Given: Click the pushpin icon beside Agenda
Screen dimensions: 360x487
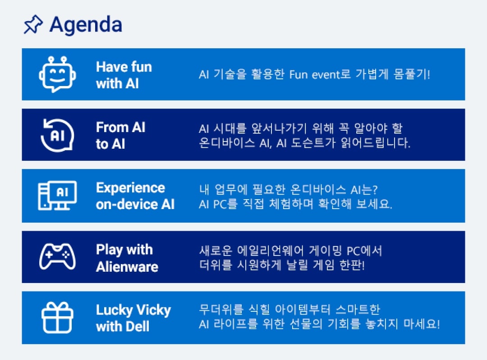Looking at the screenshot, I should (33, 25).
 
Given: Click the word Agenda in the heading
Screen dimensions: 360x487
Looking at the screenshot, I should (86, 25).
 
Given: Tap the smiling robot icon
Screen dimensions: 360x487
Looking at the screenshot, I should (57, 74).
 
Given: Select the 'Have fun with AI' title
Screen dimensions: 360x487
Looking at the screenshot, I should (124, 75).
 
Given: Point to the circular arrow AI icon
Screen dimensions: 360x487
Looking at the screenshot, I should (57, 135).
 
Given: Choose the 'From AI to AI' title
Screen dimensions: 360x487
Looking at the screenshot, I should (120, 135).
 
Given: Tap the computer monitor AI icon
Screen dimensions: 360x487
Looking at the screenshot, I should (57, 196).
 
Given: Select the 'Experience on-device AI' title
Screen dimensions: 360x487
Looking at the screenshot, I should (135, 196).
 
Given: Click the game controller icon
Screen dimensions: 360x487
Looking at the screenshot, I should (57, 256).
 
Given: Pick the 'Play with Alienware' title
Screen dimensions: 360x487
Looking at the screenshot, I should (127, 258).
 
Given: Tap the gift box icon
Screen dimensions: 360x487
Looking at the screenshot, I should (57, 318).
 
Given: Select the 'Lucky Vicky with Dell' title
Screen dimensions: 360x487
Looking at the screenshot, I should (133, 318).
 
